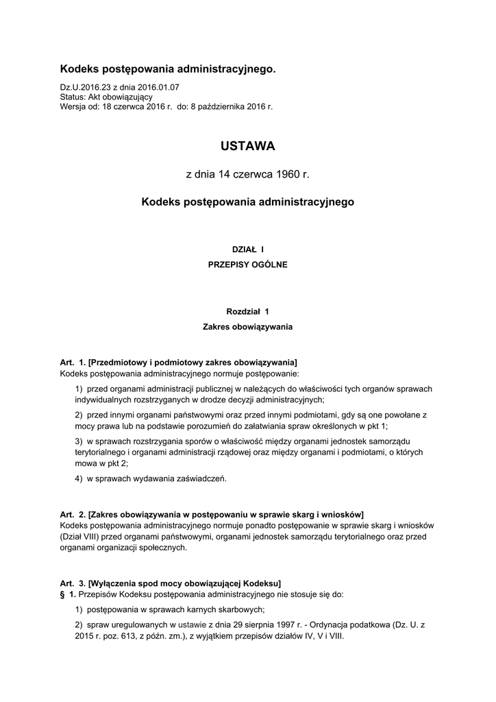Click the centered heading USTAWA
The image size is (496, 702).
click(247, 146)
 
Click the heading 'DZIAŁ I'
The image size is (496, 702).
click(247, 250)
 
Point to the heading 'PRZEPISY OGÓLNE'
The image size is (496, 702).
click(247, 264)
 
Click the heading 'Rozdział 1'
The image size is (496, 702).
click(247, 312)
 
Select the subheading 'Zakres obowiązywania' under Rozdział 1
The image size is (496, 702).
click(247, 327)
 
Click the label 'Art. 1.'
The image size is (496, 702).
click(73, 362)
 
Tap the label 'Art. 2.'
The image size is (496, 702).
click(73, 514)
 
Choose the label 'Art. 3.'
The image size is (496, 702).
click(73, 584)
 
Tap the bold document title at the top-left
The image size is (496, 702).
click(168, 70)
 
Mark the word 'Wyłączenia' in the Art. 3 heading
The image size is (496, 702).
click(114, 584)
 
